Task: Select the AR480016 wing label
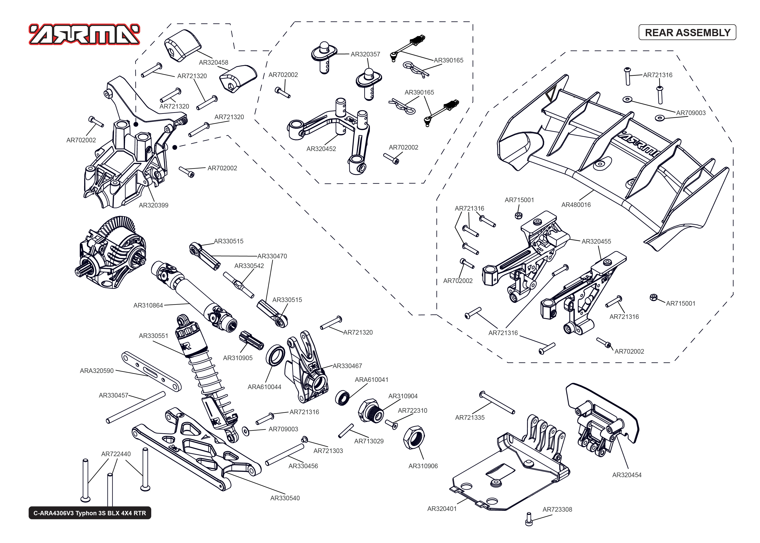coord(575,205)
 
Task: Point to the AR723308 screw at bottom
coord(528,519)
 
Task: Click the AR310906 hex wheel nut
coord(414,437)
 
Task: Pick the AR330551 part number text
coord(153,336)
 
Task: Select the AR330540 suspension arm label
coord(285,498)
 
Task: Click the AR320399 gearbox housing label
coord(153,205)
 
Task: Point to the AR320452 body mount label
coord(321,149)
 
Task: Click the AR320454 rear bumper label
coord(626,475)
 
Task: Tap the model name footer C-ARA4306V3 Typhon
coord(89,513)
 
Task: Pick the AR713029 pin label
coord(369,441)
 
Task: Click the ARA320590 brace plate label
coord(96,371)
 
